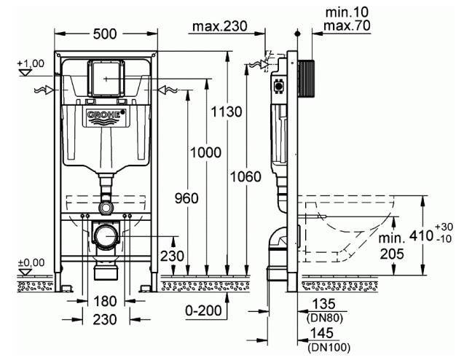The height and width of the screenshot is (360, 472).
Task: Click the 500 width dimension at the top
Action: [105, 34]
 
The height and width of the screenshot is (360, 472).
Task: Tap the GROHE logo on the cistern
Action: [106, 117]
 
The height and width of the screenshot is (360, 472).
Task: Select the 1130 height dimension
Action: [226, 111]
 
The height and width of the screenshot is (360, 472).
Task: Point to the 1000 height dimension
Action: [206, 152]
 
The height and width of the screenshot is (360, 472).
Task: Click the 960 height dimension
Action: [186, 198]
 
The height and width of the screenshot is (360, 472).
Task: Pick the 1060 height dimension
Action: [245, 176]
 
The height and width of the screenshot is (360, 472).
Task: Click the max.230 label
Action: [220, 26]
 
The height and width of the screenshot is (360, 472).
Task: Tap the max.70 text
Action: [347, 26]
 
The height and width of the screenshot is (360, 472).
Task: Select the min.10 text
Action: [347, 12]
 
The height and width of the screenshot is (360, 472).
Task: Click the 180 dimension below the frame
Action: [105, 301]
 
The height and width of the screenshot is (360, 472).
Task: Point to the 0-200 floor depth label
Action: [203, 310]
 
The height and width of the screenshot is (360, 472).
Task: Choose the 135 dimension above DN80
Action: [323, 304]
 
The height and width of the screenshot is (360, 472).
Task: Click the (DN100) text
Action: [329, 348]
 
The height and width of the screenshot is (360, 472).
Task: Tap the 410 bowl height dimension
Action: [422, 235]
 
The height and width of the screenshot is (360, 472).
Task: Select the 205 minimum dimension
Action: [392, 254]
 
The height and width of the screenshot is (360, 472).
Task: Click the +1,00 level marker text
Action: [31, 63]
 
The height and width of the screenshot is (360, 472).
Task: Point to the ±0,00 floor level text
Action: [31, 262]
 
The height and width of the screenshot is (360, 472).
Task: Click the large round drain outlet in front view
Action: [106, 236]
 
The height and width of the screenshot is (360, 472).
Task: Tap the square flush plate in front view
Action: [106, 79]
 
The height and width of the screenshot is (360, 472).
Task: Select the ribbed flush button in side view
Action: [306, 79]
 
